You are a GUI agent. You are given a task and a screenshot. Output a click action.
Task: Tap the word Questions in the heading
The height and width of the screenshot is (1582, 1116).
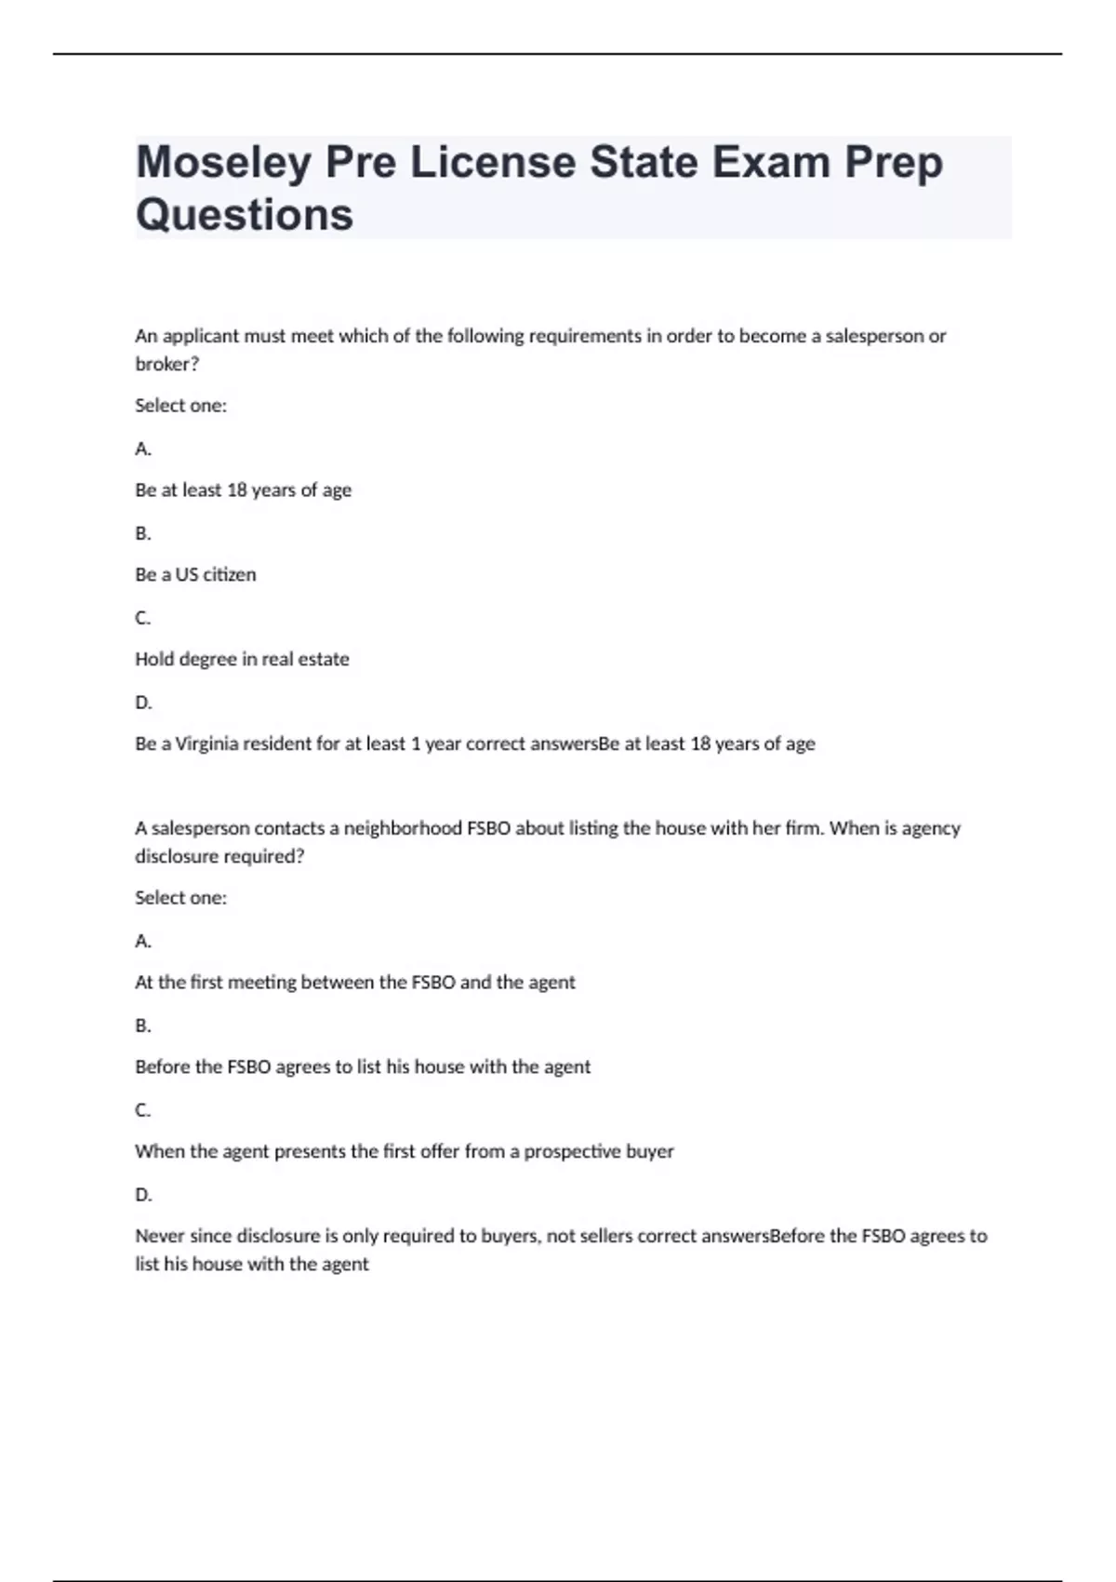pyautogui.click(x=245, y=215)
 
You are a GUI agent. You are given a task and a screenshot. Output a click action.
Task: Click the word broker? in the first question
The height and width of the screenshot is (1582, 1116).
pyautogui.click(x=167, y=364)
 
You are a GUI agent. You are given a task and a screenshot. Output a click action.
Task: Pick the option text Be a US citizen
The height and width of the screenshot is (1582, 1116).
pyautogui.click(x=195, y=574)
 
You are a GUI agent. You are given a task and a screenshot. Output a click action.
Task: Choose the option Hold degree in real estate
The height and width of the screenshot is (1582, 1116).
pyautogui.click(x=242, y=659)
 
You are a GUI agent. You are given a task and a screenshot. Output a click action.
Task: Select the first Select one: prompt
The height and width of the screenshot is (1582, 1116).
pyautogui.click(x=180, y=406)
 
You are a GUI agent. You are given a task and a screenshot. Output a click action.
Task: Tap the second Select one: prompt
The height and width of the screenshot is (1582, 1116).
pyautogui.click(x=180, y=898)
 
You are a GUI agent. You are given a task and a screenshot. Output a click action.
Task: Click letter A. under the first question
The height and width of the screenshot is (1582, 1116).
pyautogui.click(x=143, y=449)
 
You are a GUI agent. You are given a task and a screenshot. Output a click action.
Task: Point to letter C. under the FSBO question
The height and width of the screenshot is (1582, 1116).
pyautogui.click(x=143, y=1109)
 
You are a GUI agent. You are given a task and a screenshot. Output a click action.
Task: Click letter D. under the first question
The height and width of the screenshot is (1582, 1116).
pyautogui.click(x=143, y=702)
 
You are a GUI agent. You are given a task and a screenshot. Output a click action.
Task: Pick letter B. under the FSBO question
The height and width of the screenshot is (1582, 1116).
pyautogui.click(x=143, y=1025)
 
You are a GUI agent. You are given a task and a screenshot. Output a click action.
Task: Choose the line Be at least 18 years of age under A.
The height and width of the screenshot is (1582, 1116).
pyautogui.click(x=243, y=489)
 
